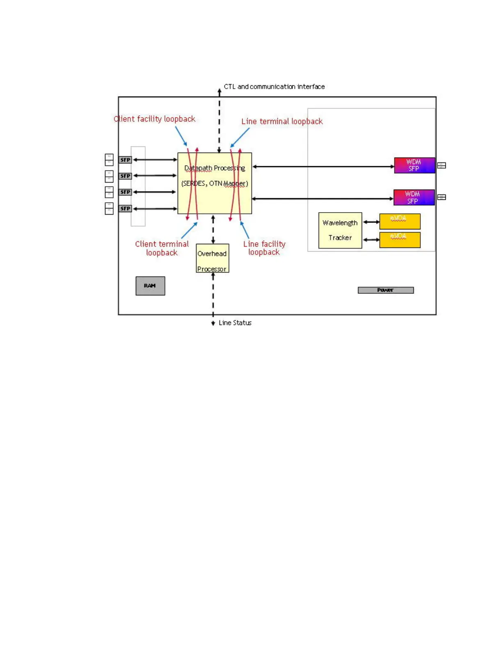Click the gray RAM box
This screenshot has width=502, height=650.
(x=150, y=286)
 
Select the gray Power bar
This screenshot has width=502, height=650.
(x=386, y=290)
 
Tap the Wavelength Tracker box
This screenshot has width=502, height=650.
(x=340, y=230)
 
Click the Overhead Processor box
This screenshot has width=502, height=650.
(x=212, y=258)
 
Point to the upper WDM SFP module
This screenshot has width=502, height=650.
(x=414, y=165)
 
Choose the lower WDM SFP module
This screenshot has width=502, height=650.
(x=414, y=197)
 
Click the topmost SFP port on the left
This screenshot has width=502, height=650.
(x=125, y=160)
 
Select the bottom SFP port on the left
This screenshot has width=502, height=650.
(x=125, y=208)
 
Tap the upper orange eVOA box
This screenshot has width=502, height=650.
(x=400, y=221)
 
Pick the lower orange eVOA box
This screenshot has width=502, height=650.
(x=400, y=240)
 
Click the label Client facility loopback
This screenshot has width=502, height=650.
(x=155, y=119)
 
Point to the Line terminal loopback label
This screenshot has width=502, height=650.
(x=282, y=121)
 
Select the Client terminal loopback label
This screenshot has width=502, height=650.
(x=162, y=248)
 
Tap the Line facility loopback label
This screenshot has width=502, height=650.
(x=264, y=248)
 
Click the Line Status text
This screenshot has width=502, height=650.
(x=235, y=323)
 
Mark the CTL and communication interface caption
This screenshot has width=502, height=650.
(x=274, y=87)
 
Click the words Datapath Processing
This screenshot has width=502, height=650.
(x=214, y=168)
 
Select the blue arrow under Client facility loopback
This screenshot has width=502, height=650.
(x=181, y=136)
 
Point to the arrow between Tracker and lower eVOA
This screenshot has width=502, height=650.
(x=371, y=240)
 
